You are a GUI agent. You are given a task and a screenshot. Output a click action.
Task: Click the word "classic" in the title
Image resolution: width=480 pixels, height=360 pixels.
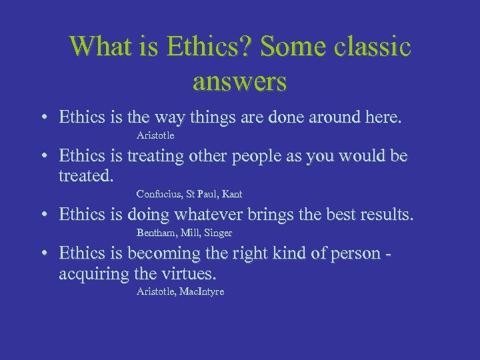(371, 46)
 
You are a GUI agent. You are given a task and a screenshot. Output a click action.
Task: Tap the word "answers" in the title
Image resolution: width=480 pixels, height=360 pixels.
(239, 81)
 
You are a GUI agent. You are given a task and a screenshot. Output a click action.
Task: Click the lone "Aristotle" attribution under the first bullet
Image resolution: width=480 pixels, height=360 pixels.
(155, 136)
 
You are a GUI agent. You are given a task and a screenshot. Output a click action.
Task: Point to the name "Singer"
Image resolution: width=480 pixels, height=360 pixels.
(218, 233)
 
